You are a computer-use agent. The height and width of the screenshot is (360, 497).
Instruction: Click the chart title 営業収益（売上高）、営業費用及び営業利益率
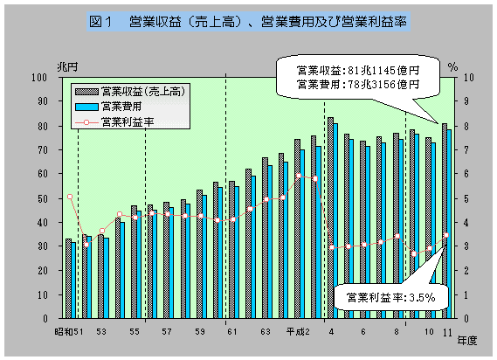(248, 19)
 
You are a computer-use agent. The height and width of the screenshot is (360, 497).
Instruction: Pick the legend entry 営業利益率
(128, 123)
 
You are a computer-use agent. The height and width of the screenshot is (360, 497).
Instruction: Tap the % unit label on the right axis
(452, 66)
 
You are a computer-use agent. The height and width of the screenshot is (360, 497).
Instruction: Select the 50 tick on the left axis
(41, 198)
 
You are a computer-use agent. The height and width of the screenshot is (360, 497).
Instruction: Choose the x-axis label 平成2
(298, 332)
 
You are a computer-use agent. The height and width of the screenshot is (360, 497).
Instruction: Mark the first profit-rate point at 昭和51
(70, 197)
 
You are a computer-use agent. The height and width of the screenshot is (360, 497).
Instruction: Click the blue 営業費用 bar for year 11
(450, 224)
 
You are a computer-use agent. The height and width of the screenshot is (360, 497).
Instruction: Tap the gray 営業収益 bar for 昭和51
(68, 278)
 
